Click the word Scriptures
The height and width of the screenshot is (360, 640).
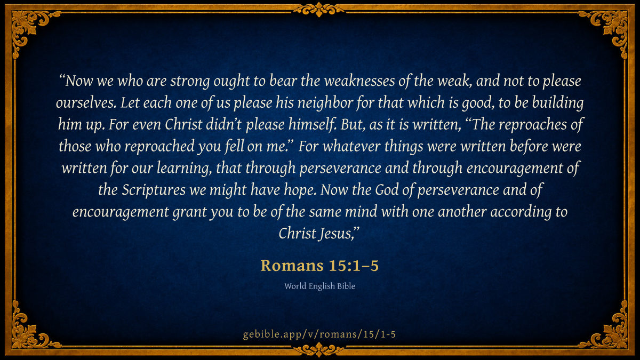pos(154,190)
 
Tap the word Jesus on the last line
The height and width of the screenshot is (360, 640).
pos(337,234)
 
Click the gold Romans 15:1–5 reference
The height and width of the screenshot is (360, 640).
pos(319,266)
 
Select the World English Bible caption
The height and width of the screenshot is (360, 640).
pos(319,286)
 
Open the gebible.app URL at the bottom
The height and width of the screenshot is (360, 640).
pos(319,334)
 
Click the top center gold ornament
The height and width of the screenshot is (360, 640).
pos(319,10)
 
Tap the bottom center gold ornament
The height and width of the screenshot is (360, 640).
pos(319,350)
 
